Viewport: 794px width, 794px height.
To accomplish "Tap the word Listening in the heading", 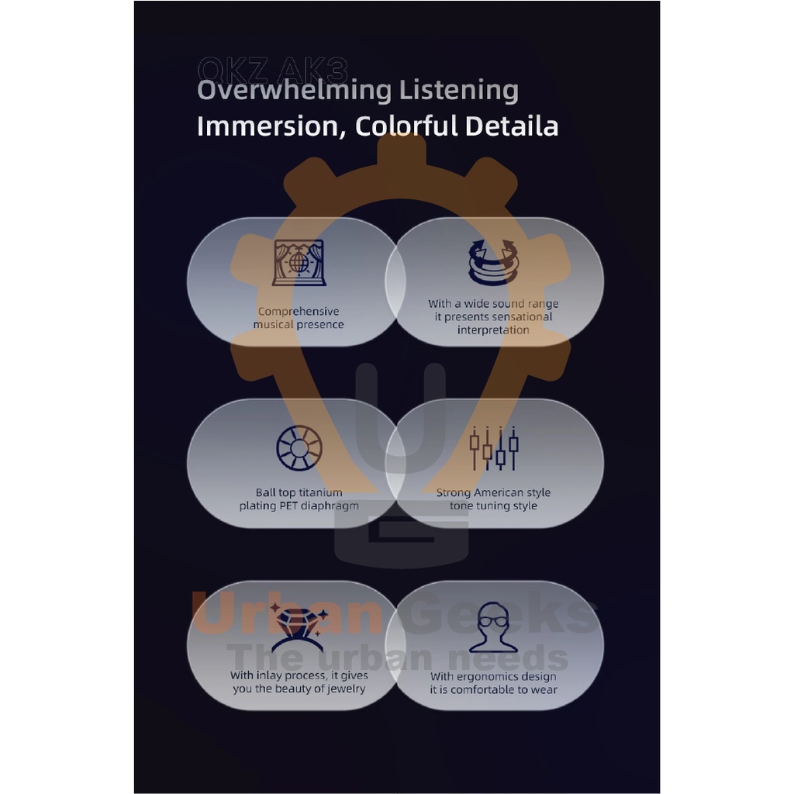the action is tap(458, 91).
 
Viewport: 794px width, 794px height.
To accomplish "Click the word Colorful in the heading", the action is tap(406, 126).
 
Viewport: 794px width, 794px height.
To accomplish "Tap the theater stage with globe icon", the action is tap(299, 263).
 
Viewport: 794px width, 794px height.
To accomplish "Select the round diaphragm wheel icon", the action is tap(299, 448).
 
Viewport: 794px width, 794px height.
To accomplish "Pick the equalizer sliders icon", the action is tap(493, 448).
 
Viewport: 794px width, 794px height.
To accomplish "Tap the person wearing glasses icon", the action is tap(493, 628).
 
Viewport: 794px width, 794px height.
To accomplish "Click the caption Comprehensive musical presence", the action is tap(299, 318).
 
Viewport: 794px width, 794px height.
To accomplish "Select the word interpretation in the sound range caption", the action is tap(493, 330).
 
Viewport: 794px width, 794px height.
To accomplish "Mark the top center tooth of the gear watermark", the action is tap(401, 151).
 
